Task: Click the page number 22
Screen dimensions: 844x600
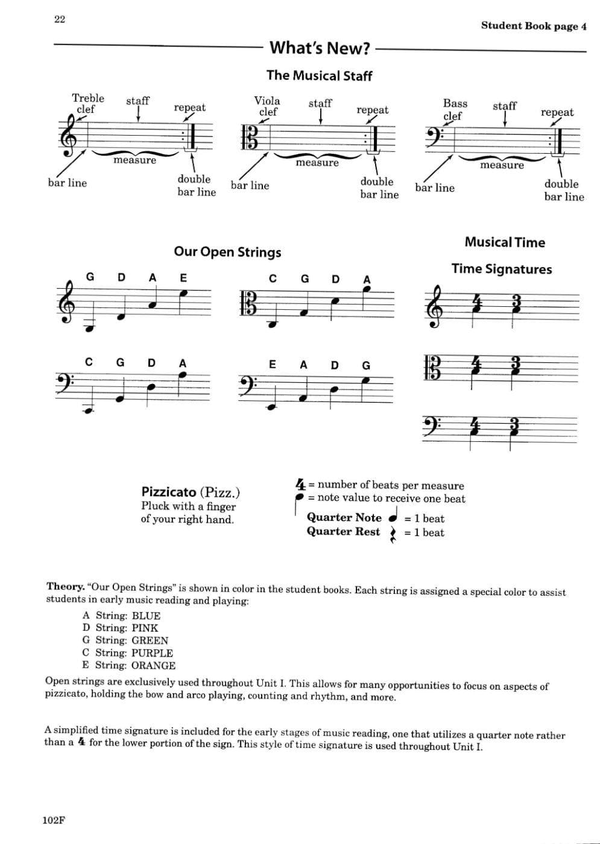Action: (60, 19)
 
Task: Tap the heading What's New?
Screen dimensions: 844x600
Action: (320, 48)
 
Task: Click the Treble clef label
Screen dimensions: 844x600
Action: (87, 103)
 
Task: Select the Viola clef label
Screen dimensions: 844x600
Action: (267, 106)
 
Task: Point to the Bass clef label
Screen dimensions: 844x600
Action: (454, 109)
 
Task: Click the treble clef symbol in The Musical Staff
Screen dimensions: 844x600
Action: (68, 130)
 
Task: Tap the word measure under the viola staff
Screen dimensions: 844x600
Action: (317, 163)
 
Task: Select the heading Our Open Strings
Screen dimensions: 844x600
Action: (227, 251)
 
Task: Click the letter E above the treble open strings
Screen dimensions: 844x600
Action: (183, 277)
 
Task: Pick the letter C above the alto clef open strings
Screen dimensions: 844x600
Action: (273, 279)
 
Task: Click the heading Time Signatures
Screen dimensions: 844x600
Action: (502, 269)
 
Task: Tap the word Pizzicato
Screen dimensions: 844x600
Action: (168, 492)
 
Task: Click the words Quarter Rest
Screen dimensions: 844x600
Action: (343, 532)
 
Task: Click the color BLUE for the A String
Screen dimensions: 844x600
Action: (146, 616)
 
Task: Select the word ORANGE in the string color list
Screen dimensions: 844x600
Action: (153, 666)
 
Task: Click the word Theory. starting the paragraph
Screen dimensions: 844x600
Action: (65, 587)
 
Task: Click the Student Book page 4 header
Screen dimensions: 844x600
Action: (533, 25)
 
